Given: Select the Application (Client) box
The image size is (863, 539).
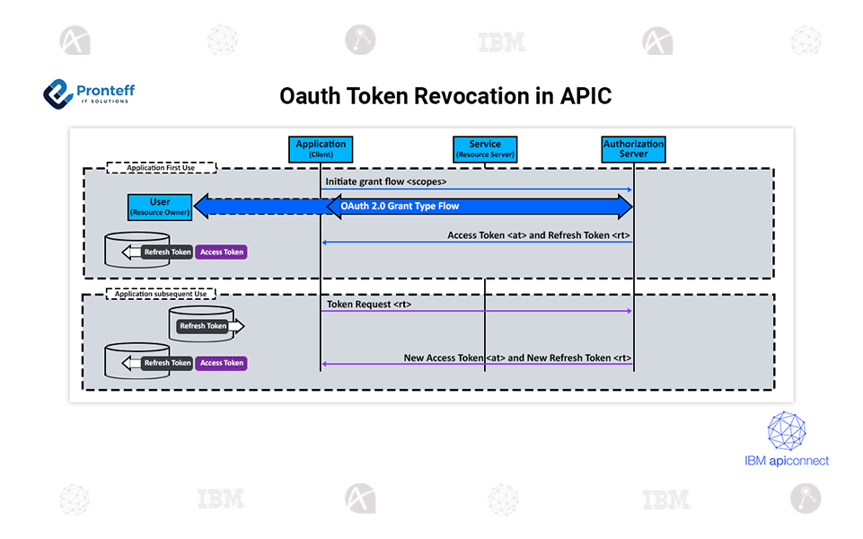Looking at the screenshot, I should coord(321,149).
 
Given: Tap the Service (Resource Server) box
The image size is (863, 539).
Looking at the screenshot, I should coord(485,149).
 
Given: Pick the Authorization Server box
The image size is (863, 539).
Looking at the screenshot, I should coord(634,149).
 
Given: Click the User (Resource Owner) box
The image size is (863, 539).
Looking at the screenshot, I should coord(160,208).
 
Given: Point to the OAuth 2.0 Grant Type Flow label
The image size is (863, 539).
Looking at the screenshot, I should coord(400,207).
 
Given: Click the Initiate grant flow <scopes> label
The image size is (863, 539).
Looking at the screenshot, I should coord(386,181).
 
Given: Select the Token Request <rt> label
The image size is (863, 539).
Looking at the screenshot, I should coord(369,305).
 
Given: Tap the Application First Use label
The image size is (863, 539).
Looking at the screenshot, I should coord(162,167).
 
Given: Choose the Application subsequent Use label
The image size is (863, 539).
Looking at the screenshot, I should coord(162,294).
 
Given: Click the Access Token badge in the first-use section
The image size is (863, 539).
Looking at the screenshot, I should coord(222,252).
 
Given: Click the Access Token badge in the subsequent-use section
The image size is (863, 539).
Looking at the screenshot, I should coord(222,363).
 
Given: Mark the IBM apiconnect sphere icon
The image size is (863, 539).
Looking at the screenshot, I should coord(787,431).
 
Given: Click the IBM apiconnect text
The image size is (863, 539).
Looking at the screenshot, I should coord(787,461).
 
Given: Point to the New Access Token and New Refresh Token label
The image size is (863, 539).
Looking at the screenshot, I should coord(517,358).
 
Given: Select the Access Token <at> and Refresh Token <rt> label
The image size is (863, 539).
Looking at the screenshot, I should coord(539,235).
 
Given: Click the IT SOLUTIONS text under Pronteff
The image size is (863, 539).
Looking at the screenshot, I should coord(103,101).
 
